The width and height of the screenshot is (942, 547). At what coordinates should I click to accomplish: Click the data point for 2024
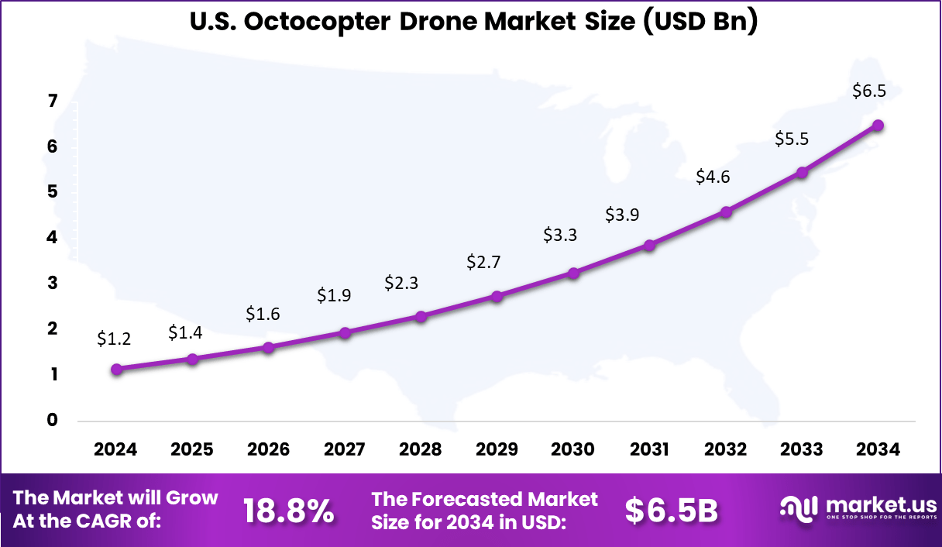click(x=117, y=370)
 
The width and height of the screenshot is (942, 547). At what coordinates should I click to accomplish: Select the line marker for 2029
click(x=497, y=296)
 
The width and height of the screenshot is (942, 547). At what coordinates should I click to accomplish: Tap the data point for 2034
click(x=878, y=126)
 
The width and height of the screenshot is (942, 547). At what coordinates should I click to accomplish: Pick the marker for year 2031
click(x=650, y=245)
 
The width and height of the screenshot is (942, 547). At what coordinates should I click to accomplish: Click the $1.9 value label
click(x=334, y=294)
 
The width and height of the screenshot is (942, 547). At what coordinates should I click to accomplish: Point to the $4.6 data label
click(x=713, y=177)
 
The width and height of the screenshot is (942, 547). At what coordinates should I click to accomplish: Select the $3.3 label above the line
click(x=560, y=234)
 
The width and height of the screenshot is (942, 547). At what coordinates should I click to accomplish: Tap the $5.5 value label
click(x=792, y=139)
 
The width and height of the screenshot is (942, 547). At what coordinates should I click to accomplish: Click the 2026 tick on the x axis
click(x=268, y=449)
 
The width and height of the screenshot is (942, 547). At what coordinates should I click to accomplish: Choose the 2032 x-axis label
click(x=726, y=449)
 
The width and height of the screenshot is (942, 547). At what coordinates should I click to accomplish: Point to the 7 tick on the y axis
click(x=53, y=101)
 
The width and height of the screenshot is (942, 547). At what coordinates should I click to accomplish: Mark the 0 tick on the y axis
click(x=53, y=420)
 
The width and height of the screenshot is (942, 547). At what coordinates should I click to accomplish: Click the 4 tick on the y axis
click(x=53, y=238)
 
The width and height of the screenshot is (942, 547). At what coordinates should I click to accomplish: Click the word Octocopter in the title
click(x=315, y=22)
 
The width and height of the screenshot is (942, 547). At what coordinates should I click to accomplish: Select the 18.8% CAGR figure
click(x=288, y=511)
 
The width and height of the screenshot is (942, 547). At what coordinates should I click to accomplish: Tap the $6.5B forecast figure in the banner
click(x=671, y=511)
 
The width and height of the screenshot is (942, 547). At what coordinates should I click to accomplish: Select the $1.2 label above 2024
click(x=114, y=338)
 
